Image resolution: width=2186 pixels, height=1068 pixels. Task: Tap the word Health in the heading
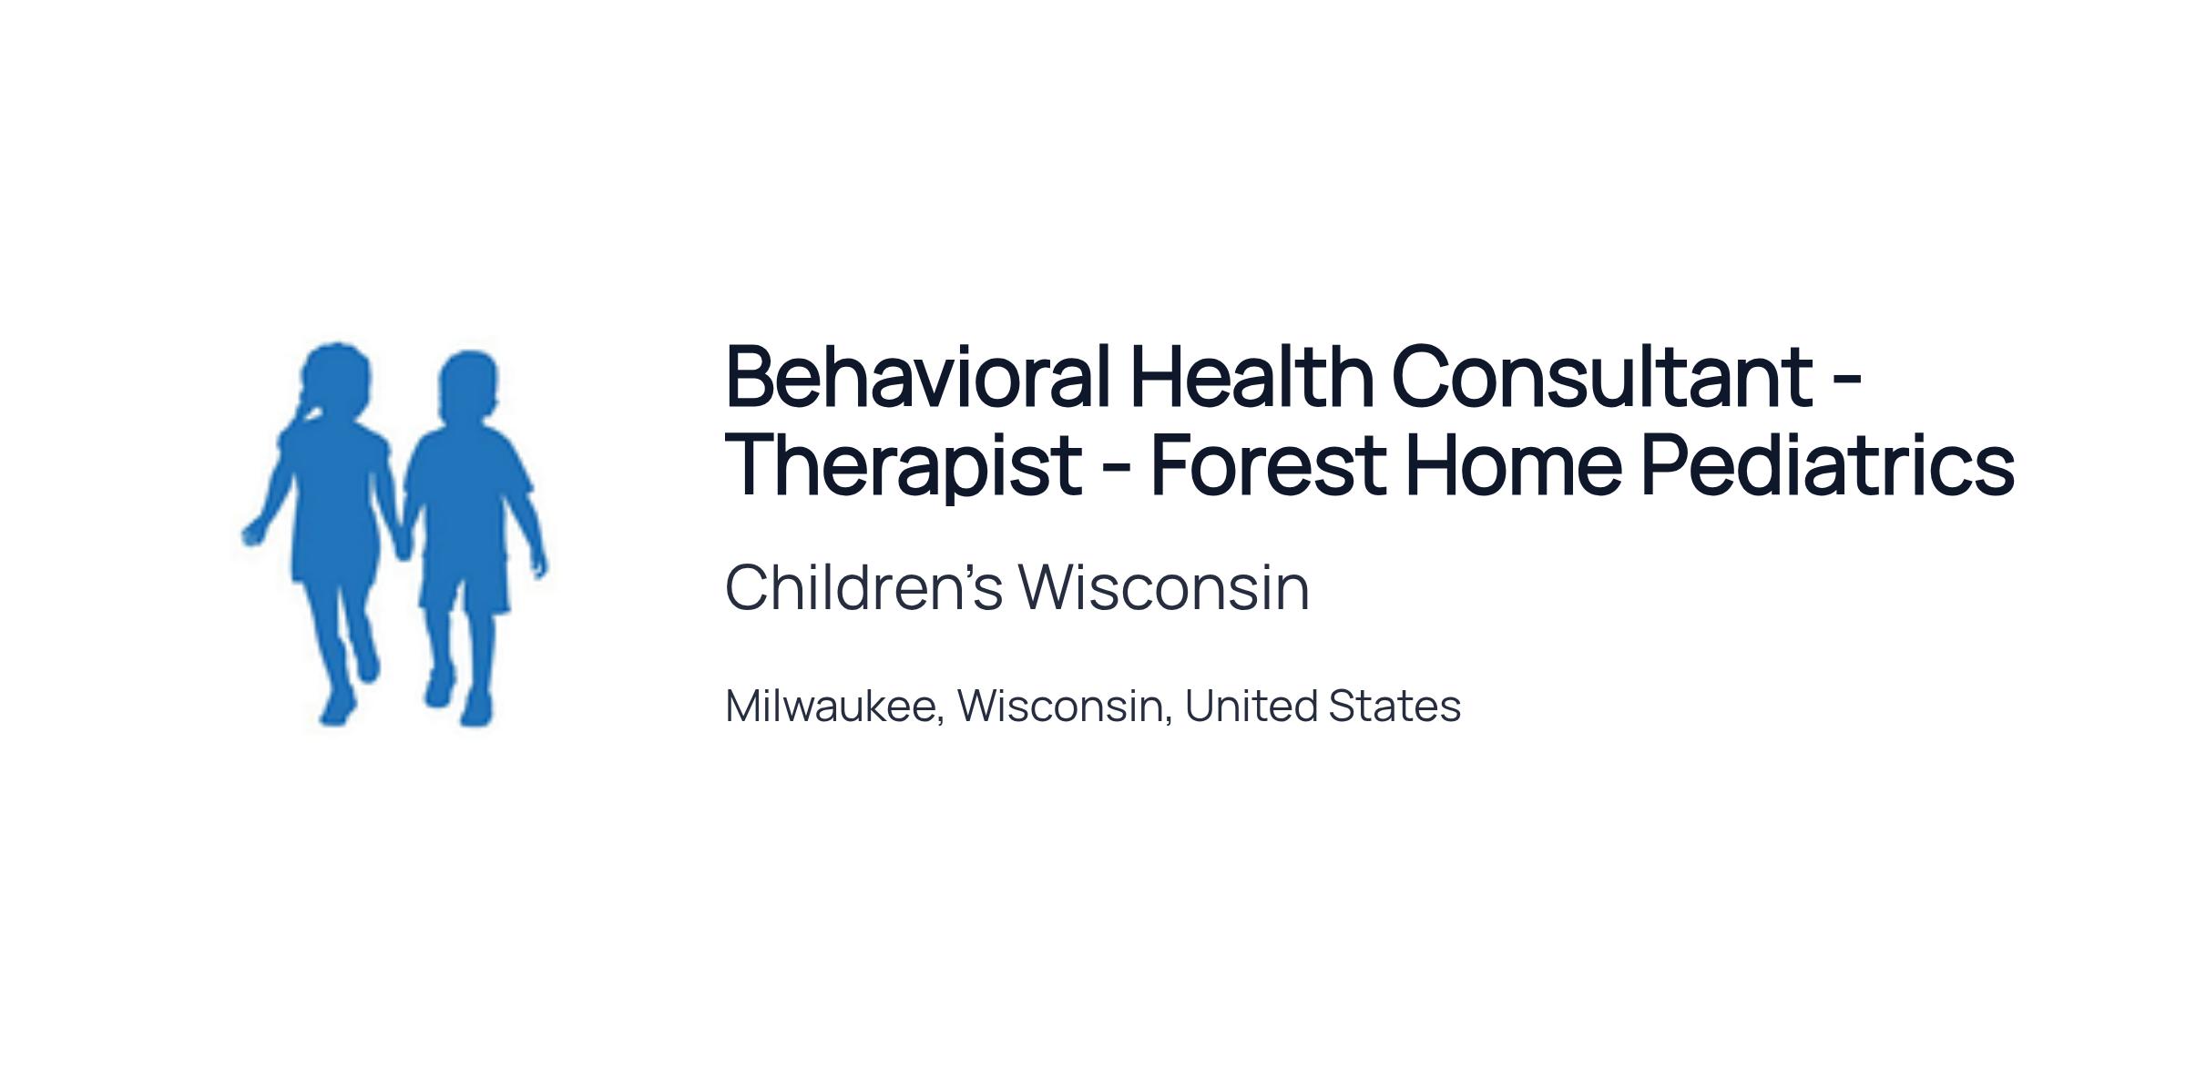(1251, 376)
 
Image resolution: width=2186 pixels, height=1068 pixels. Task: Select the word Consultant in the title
(1602, 376)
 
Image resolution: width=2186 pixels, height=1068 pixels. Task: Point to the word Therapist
(904, 467)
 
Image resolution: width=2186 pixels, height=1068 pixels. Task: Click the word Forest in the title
(1269, 465)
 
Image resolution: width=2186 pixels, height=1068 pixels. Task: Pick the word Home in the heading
(1514, 465)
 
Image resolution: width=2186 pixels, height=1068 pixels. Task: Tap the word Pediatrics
(1828, 465)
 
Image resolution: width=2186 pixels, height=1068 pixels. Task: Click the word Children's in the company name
(863, 587)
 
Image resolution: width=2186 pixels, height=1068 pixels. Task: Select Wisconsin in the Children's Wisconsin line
(1164, 587)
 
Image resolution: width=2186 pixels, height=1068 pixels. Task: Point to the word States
(1394, 707)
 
